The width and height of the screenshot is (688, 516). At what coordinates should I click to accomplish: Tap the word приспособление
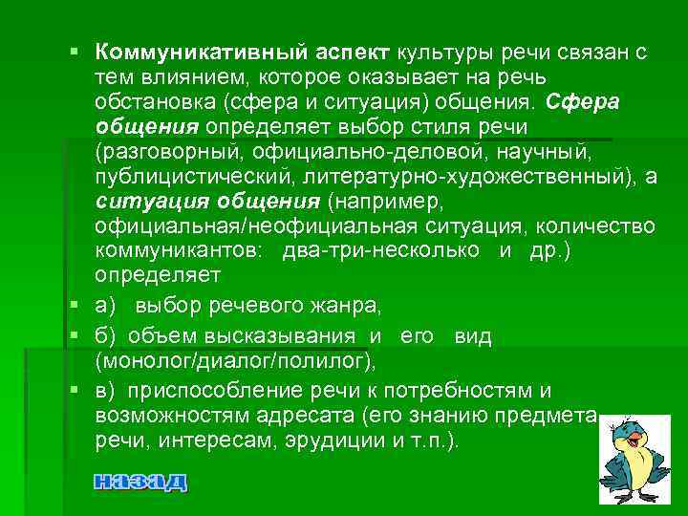click(x=218, y=390)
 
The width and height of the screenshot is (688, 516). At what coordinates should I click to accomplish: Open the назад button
click(x=140, y=481)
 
